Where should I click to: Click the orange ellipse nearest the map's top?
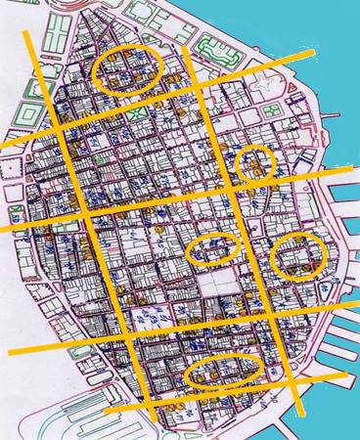click(129, 70)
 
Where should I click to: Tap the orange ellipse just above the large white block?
click(213, 251)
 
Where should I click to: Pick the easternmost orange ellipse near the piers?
click(298, 256)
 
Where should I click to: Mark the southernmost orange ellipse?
click(222, 373)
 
